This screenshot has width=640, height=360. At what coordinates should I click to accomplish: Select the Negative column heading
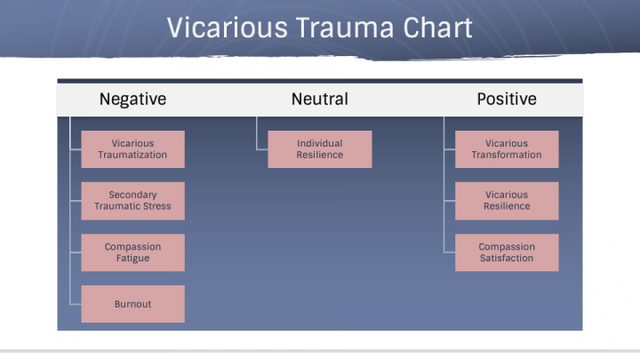pos(132,99)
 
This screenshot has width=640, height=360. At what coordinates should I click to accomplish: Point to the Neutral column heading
pos(319,99)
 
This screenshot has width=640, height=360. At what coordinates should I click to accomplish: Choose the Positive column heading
pos(506,99)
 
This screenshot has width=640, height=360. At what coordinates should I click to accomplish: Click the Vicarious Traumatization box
pos(132,149)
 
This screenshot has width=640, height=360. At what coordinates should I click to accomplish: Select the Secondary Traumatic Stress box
pos(132,201)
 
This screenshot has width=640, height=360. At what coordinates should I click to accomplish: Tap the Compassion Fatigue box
pos(132,252)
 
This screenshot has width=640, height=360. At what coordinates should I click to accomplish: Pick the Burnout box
pos(132,304)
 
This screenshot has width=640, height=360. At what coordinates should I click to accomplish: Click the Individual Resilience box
pos(319,149)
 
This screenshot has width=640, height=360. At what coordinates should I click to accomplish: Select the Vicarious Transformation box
pos(506,149)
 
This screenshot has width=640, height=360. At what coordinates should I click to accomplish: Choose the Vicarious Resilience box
pos(506,201)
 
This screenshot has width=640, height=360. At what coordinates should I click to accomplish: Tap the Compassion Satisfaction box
pos(506,252)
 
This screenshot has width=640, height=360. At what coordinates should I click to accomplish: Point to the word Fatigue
pos(132,259)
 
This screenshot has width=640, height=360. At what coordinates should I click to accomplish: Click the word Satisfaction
pos(506,259)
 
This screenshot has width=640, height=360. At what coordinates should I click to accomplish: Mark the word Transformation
pos(506,155)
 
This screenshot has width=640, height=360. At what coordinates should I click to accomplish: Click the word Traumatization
pos(132,155)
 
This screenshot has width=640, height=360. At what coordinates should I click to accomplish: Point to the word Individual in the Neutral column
pos(319,143)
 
